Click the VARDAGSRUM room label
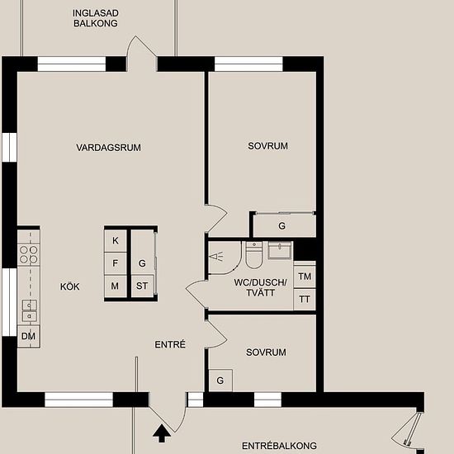[109, 148]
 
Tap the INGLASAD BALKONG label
[96, 18]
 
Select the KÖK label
[70, 286]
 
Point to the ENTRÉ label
[170, 344]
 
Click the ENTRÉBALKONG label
[279, 446]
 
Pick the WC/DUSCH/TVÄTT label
[261, 287]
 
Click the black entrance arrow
[162, 433]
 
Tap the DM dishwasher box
[28, 336]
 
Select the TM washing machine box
[305, 277]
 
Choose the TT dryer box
[305, 299]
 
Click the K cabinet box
[116, 240]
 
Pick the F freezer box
[116, 263]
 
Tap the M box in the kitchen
[116, 286]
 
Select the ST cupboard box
[142, 286]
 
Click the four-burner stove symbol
[29, 254]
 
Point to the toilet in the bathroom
[254, 254]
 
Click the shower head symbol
[216, 257]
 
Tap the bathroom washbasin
[279, 250]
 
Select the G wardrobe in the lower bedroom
[220, 381]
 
